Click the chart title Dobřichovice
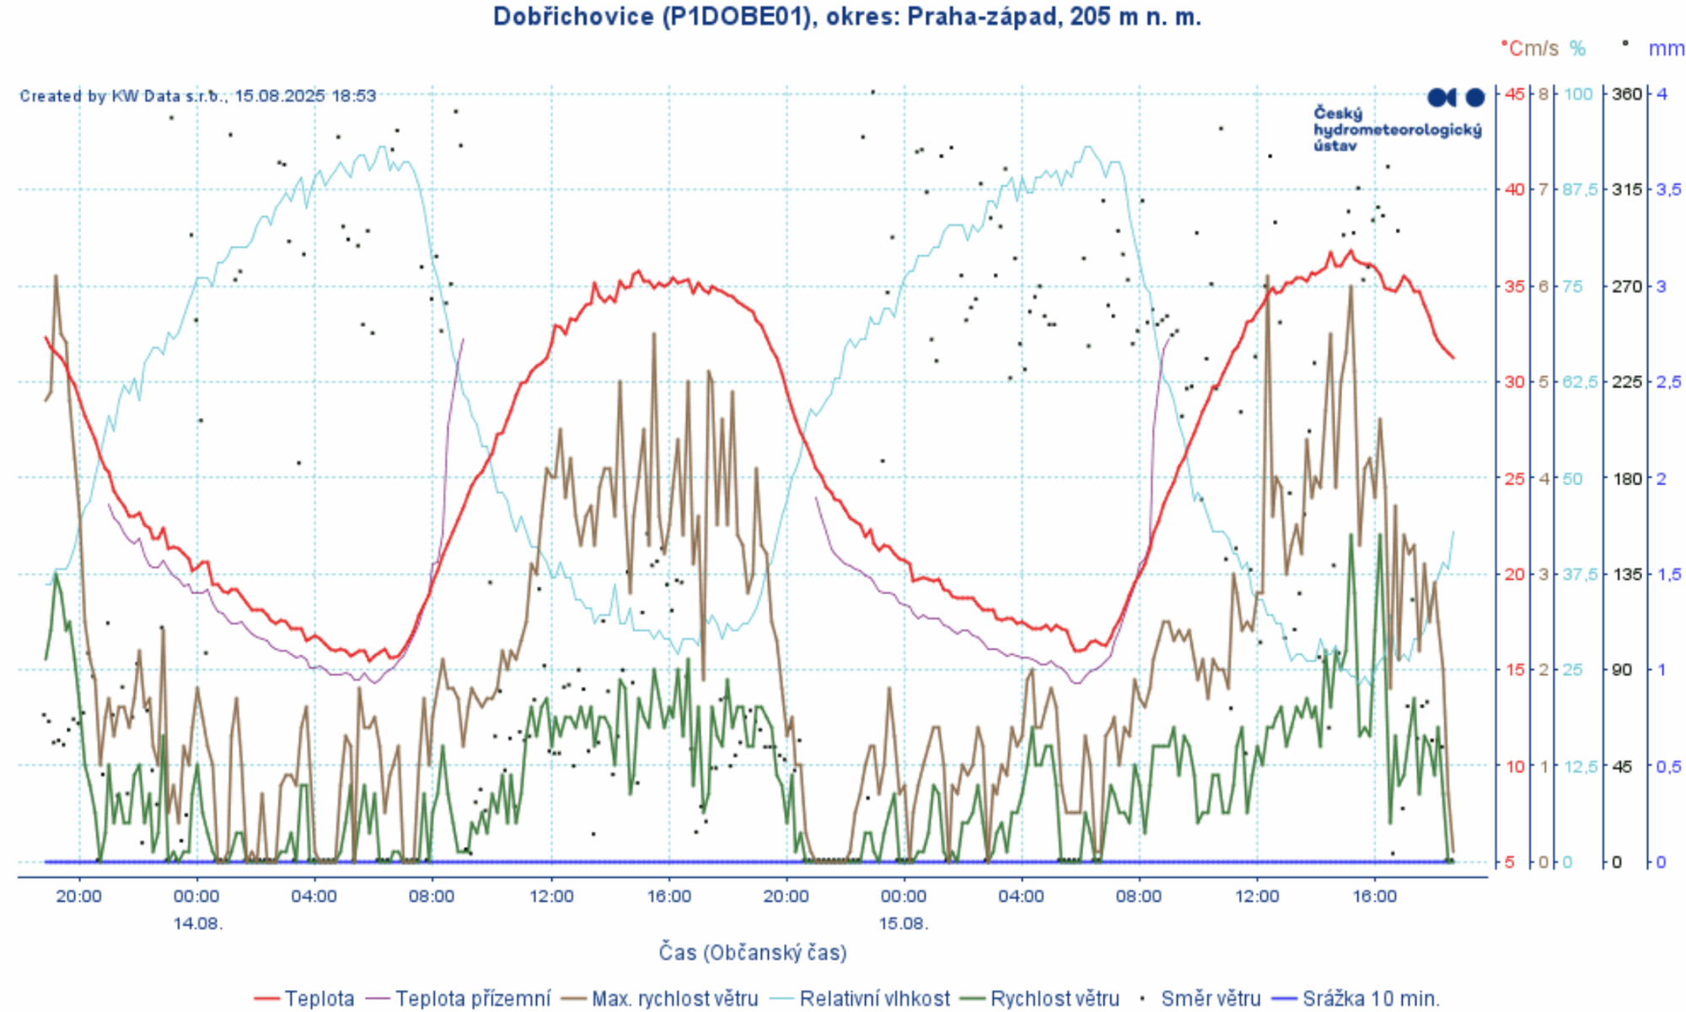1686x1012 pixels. [846, 16]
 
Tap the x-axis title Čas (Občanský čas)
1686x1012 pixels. [753, 952]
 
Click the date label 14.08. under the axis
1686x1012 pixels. [198, 924]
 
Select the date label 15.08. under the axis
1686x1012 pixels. [904, 924]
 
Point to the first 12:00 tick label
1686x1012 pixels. [551, 896]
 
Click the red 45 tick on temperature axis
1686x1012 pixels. [1515, 94]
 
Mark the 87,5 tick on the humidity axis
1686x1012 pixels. [1580, 190]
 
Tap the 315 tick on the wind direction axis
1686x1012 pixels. [1627, 190]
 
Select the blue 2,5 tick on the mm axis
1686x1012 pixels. [1668, 382]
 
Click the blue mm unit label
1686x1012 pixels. [1666, 49]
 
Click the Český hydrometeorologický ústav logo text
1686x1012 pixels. [1397, 129]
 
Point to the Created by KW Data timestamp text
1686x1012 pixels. [198, 96]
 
